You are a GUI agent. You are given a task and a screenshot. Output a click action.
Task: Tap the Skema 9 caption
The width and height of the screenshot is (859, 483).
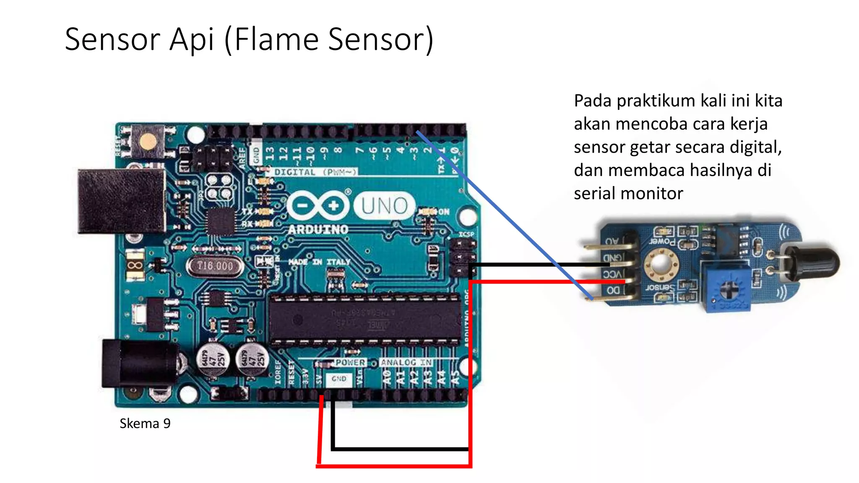click(145, 423)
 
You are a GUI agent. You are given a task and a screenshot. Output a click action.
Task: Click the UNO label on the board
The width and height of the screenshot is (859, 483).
click(384, 206)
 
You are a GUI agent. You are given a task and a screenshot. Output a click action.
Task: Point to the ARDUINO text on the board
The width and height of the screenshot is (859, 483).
click(318, 229)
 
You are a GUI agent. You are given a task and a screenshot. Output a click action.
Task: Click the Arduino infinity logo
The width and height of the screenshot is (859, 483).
click(318, 205)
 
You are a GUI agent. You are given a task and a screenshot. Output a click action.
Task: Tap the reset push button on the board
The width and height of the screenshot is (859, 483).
click(147, 141)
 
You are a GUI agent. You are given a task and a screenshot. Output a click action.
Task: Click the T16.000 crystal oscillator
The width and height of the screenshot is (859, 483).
click(215, 266)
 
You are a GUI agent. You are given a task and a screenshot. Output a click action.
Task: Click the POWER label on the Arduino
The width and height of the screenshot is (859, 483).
click(350, 362)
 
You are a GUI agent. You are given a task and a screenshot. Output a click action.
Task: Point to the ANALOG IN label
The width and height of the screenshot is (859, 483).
click(406, 362)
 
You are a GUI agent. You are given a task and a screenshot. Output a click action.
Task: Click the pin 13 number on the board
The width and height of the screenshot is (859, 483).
click(270, 153)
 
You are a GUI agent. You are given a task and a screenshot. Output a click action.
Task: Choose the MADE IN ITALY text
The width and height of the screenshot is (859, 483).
click(319, 262)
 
